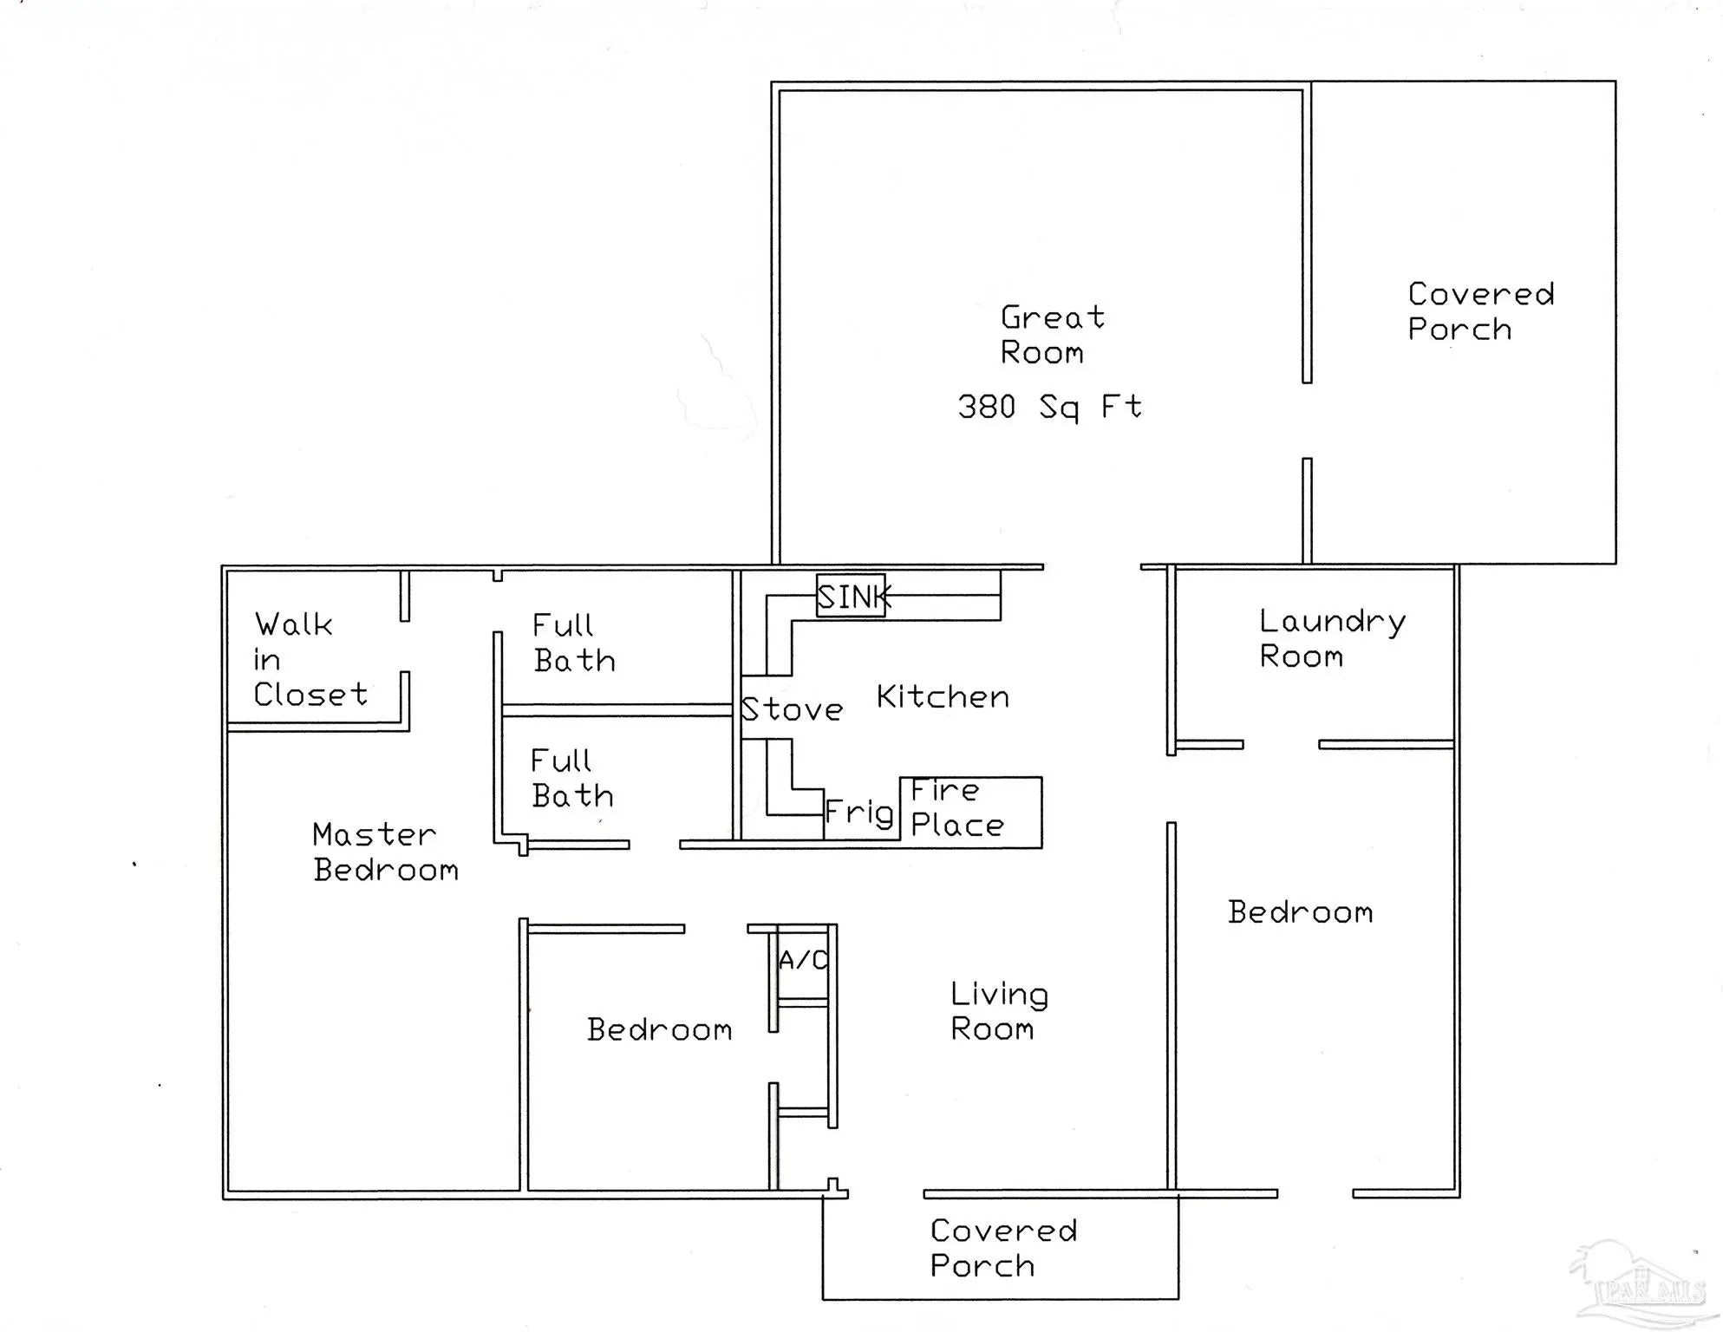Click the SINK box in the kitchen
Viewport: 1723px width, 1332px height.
tap(851, 597)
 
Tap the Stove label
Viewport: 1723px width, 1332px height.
tap(792, 710)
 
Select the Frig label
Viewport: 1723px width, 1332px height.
tap(858, 813)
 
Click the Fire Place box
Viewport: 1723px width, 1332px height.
tap(970, 812)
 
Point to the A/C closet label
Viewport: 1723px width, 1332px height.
tap(803, 960)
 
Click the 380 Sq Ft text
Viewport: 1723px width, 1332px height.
tap(1049, 407)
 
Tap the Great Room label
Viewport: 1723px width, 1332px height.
tap(1052, 335)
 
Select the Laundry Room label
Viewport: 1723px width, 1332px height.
tap(1331, 639)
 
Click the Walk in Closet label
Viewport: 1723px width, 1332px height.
tap(310, 659)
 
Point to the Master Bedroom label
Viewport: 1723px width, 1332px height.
tap(385, 852)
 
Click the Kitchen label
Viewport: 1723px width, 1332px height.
tap(943, 697)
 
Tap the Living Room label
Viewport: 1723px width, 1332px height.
tap(999, 1011)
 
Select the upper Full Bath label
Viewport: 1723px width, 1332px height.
tap(574, 643)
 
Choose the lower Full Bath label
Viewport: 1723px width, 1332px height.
tap(572, 779)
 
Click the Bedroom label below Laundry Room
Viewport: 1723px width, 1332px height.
tap(1300, 912)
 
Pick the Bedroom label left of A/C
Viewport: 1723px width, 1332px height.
tap(659, 1030)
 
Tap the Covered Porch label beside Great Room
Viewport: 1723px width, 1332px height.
tap(1480, 312)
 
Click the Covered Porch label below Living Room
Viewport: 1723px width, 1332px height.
tap(1003, 1248)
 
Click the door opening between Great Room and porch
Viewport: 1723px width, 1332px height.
tap(1307, 421)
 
